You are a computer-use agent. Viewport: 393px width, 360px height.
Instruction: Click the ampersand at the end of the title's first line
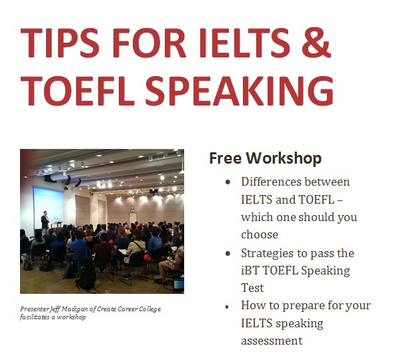point(316,43)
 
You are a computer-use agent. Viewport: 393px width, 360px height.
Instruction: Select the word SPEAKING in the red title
point(240,91)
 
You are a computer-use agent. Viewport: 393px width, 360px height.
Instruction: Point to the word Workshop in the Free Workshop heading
point(284,158)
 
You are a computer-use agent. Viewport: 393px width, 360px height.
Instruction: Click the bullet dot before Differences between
point(228,182)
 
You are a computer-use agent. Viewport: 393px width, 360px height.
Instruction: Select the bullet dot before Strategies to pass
point(228,254)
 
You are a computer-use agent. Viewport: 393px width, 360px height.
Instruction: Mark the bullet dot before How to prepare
point(227,307)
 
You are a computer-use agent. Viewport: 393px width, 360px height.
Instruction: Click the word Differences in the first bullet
point(271,182)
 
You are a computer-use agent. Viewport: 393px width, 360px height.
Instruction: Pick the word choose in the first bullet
point(260,235)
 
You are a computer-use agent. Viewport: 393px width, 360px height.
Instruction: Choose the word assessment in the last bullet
point(272,341)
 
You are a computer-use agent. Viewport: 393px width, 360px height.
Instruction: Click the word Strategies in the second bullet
point(267,254)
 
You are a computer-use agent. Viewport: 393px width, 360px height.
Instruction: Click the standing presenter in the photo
point(45,222)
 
